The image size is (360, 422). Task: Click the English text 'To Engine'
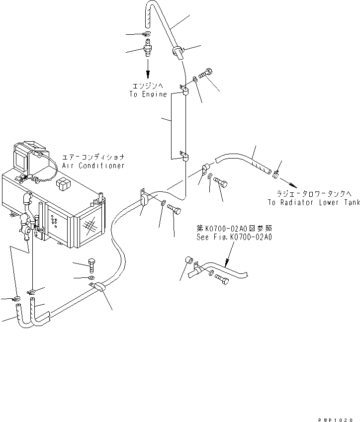(x=148, y=94)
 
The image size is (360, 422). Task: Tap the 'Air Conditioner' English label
(x=93, y=166)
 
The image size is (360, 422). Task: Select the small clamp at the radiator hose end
(x=276, y=173)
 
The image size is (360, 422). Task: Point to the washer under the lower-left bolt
(x=91, y=277)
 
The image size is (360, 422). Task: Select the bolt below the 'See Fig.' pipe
(x=222, y=281)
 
